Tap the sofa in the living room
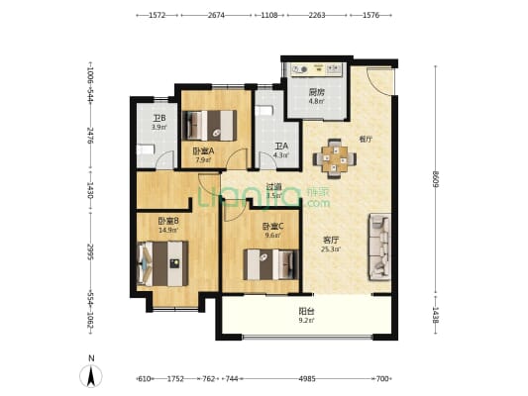coord(379,247)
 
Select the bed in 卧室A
coord(213,125)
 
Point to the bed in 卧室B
coord(159,263)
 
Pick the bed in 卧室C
coord(269,264)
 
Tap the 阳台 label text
coord(307,309)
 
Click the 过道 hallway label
coord(274,186)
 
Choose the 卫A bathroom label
coord(280,146)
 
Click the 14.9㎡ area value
coord(166,230)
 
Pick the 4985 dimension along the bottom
coord(310,379)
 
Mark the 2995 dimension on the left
coord(90,250)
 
